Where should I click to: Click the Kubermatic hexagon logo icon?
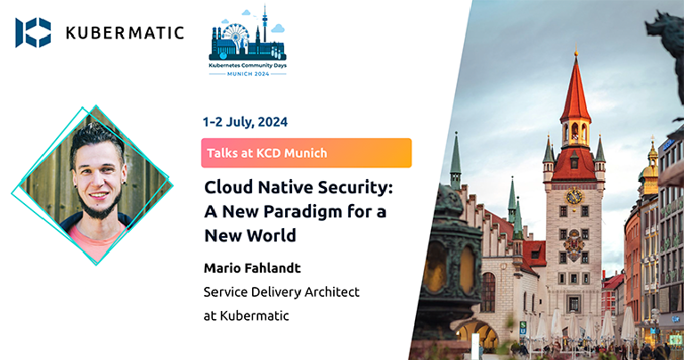33,32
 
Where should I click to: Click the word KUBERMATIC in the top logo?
125,33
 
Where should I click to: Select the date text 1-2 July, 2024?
247,121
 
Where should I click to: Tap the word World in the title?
273,237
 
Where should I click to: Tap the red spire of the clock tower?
575,89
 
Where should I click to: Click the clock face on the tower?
574,196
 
